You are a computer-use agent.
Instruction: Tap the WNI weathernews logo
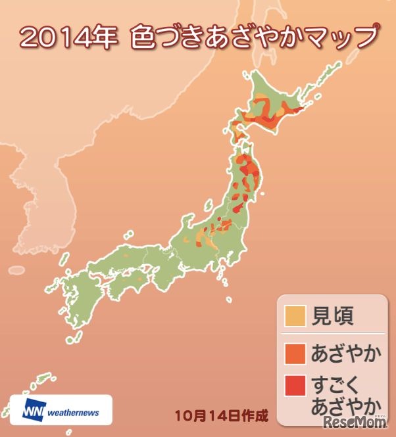(61, 411)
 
